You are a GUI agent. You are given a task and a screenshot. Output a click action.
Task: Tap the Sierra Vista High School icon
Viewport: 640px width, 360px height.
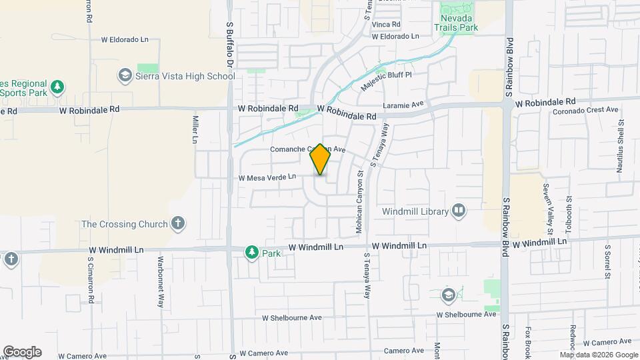(124, 76)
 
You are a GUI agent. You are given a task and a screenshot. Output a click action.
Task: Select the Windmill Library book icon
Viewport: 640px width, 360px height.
(459, 211)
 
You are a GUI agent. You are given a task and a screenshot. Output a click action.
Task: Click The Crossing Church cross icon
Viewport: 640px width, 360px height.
(177, 224)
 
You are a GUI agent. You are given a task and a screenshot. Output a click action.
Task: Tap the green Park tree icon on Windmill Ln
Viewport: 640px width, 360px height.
(251, 253)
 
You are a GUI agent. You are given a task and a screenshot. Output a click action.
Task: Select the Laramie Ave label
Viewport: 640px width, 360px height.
(403, 105)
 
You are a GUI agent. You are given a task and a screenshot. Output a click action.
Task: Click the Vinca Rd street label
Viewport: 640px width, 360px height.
(386, 25)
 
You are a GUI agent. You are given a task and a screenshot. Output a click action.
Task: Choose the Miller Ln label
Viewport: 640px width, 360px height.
(195, 129)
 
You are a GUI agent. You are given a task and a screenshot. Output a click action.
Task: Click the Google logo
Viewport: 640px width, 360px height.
(22, 352)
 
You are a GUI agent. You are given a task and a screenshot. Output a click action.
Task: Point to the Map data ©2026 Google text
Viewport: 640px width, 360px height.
(599, 355)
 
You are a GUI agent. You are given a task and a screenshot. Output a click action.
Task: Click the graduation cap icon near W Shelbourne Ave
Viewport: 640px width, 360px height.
(449, 294)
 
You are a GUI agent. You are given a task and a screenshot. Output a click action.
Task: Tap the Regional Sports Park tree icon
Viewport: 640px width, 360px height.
(58, 87)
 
